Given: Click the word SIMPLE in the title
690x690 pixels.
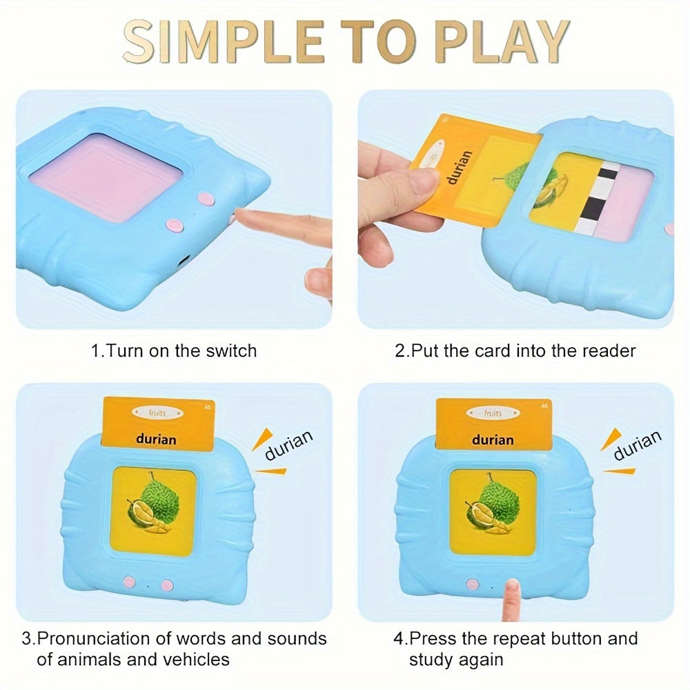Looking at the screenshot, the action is tap(224, 42).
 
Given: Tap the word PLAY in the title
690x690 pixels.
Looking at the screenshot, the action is tap(501, 42).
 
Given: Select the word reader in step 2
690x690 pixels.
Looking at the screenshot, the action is tap(609, 351).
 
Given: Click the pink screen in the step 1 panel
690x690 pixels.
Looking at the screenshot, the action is tap(106, 176).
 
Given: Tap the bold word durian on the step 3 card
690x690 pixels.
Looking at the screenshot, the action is tap(156, 439).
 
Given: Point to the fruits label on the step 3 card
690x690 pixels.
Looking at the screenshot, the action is tap(157, 413).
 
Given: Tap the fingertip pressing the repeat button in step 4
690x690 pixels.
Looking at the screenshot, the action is tap(511, 587).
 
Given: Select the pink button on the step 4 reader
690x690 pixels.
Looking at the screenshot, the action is tap(473, 585).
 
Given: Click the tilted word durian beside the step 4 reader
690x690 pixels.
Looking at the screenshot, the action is tap(637, 445).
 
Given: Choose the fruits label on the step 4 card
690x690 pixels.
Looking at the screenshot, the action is tap(493, 413).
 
